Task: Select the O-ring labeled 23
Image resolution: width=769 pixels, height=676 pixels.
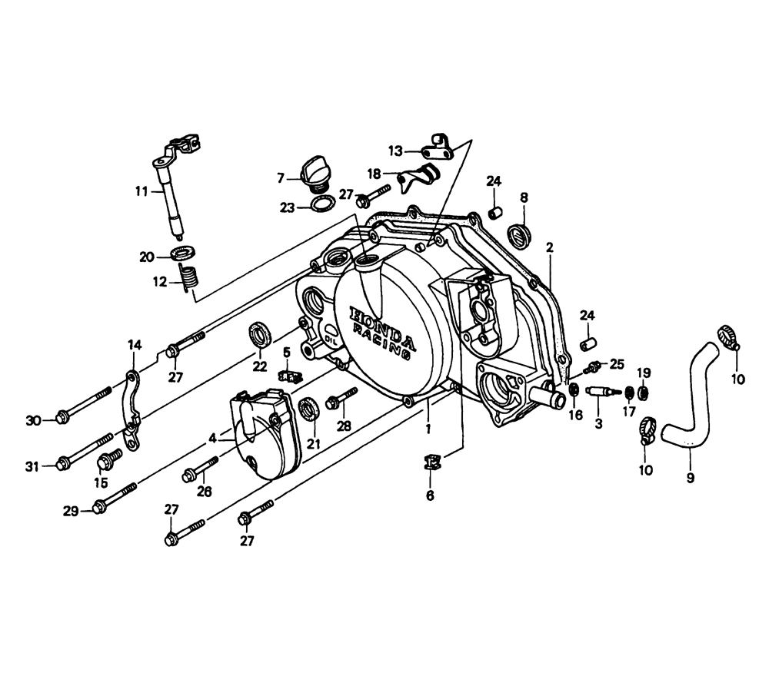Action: pos(323,203)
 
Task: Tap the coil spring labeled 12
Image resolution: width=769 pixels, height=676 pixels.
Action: pos(190,277)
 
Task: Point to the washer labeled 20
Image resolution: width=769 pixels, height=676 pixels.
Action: pos(183,253)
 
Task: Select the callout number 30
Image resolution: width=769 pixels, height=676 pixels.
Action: pos(33,420)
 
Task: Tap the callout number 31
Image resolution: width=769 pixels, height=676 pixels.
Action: pos(32,467)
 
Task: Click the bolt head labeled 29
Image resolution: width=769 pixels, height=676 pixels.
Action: pos(98,506)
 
